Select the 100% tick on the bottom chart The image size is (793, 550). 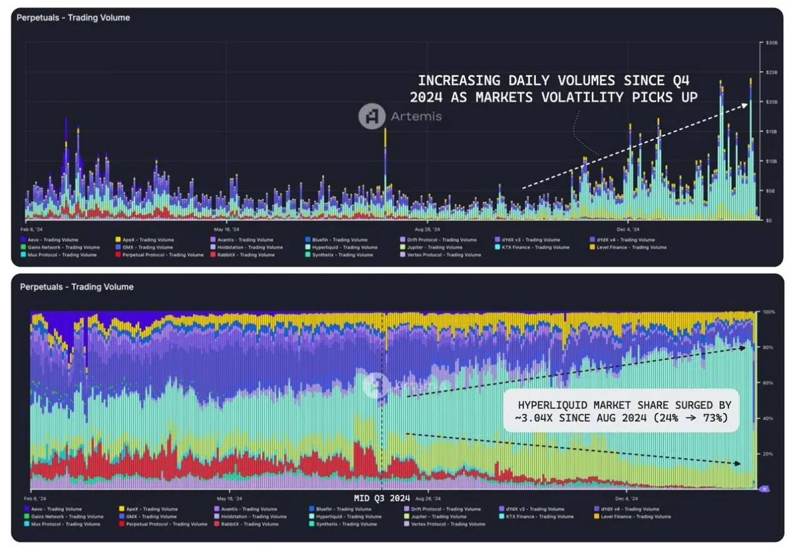coord(768,312)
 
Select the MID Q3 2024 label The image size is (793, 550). coord(381,498)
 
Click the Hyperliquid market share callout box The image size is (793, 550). coord(622,411)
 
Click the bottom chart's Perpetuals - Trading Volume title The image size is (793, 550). coord(76,287)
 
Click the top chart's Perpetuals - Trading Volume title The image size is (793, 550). coord(73,18)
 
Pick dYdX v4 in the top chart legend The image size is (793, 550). coord(625,240)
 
